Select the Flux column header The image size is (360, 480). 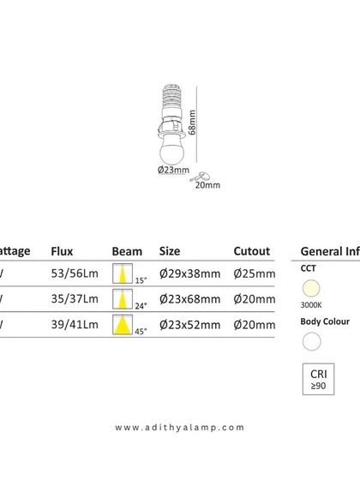[x=62, y=251]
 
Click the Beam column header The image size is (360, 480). [x=127, y=251]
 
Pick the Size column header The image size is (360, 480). [x=170, y=251]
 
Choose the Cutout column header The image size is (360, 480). [x=253, y=251]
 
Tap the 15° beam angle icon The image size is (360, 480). [x=124, y=274]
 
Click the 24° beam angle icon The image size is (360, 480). [x=124, y=299]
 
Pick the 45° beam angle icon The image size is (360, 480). [x=124, y=325]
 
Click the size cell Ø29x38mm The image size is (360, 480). [x=190, y=274]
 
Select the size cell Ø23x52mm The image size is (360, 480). [x=190, y=325]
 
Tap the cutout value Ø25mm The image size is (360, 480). [x=255, y=274]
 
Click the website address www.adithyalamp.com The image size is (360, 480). [x=179, y=427]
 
